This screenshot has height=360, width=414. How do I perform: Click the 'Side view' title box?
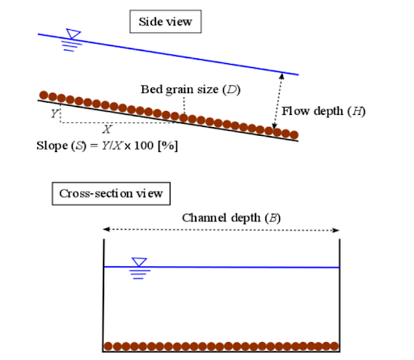click(166, 22)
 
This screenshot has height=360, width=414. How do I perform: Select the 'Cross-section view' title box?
click(111, 193)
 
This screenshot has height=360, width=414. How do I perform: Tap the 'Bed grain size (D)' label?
click(191, 90)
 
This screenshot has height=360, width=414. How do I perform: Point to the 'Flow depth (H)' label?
click(323, 111)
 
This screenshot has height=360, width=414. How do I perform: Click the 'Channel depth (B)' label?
click(231, 218)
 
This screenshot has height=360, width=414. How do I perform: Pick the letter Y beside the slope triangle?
click(55, 113)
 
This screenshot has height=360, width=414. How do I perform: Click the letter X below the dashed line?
click(107, 129)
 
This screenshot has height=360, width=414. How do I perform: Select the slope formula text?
click(107, 146)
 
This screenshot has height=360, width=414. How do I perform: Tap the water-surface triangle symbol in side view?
click(73, 34)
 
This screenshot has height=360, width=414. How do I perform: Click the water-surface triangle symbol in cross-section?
click(139, 262)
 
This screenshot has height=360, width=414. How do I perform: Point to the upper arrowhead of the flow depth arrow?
click(281, 76)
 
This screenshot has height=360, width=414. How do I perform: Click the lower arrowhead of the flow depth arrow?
click(274, 125)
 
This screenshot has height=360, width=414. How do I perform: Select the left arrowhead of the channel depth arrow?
click(106, 229)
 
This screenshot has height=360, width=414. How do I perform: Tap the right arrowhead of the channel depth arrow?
click(336, 231)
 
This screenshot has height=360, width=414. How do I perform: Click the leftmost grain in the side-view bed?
click(44, 95)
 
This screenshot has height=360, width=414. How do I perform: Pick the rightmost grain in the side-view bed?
click(294, 134)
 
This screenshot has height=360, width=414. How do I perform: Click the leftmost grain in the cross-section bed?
click(108, 346)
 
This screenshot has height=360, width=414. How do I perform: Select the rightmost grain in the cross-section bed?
click(335, 346)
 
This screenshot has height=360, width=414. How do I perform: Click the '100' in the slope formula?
click(144, 146)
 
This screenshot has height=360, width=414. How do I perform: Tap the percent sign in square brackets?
click(168, 146)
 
